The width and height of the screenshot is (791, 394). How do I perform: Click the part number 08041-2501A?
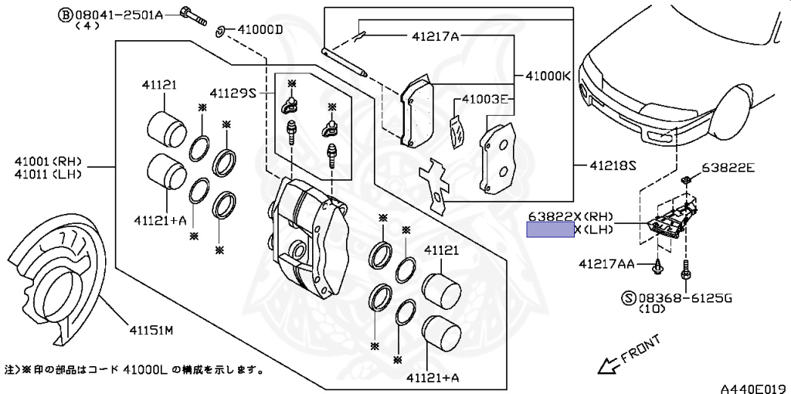point(121,14)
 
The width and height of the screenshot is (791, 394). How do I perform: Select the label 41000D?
point(260,30)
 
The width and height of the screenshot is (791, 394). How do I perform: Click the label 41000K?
point(548,76)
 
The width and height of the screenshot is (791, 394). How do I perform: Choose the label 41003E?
point(485,100)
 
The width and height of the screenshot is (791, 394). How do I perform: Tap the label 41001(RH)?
point(47,162)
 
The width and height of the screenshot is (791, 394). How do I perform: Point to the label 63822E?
point(729,168)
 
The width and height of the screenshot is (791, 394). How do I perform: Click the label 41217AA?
point(606,264)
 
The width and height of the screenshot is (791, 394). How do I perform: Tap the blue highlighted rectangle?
point(550,229)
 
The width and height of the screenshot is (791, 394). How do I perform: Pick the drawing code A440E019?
point(754,386)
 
